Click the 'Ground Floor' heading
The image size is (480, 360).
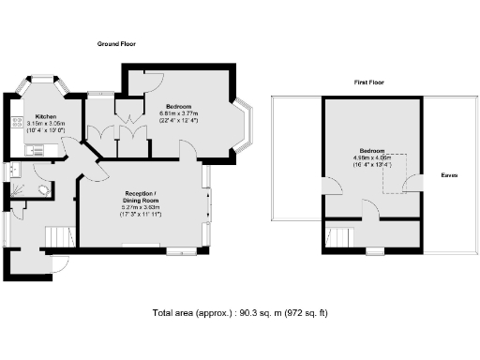pos(119,44)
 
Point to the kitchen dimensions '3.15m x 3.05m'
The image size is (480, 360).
pos(45,124)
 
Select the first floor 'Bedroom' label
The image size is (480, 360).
pos(371,151)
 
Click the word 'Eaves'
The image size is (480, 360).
pos(449,176)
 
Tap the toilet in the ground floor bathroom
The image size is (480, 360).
pos(42,187)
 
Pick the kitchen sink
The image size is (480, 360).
pos(16,171)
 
